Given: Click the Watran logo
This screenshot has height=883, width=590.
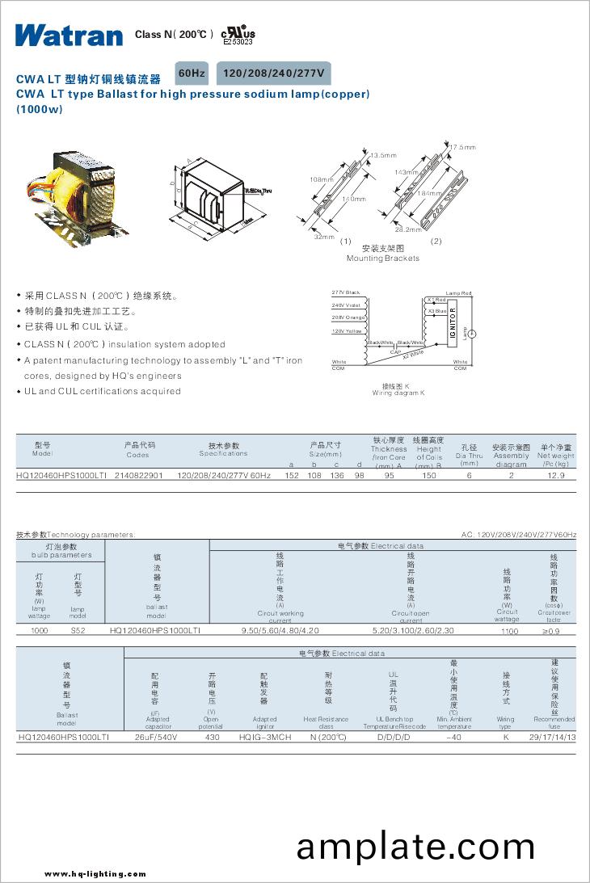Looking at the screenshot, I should coord(68,35).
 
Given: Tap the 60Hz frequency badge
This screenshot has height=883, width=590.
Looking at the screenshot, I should coord(192,74).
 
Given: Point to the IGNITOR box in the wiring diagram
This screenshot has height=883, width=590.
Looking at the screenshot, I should coord(453,324).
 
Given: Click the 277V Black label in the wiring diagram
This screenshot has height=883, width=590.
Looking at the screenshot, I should coord(346,292).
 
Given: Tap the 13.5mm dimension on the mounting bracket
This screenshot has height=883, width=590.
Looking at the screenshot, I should coord(384,154).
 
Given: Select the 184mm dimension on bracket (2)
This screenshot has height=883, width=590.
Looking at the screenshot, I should coord(431,194).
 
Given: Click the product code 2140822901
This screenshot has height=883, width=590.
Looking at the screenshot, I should coord(139,476).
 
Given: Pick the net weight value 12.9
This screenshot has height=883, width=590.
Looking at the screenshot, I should coord(556,476).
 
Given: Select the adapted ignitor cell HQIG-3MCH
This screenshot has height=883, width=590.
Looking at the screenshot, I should coord(265,738).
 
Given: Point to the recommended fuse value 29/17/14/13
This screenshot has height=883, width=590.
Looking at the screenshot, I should coord(553,738).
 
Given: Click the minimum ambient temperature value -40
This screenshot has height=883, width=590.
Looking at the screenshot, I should coord(454,738).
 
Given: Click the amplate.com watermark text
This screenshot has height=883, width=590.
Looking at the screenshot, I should coord(415,847).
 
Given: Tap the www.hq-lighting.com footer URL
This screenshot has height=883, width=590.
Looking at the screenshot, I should coord(95,873).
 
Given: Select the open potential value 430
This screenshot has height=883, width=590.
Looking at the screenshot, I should coord(213,738).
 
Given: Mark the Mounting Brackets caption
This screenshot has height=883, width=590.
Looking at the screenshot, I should coord(383,259).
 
